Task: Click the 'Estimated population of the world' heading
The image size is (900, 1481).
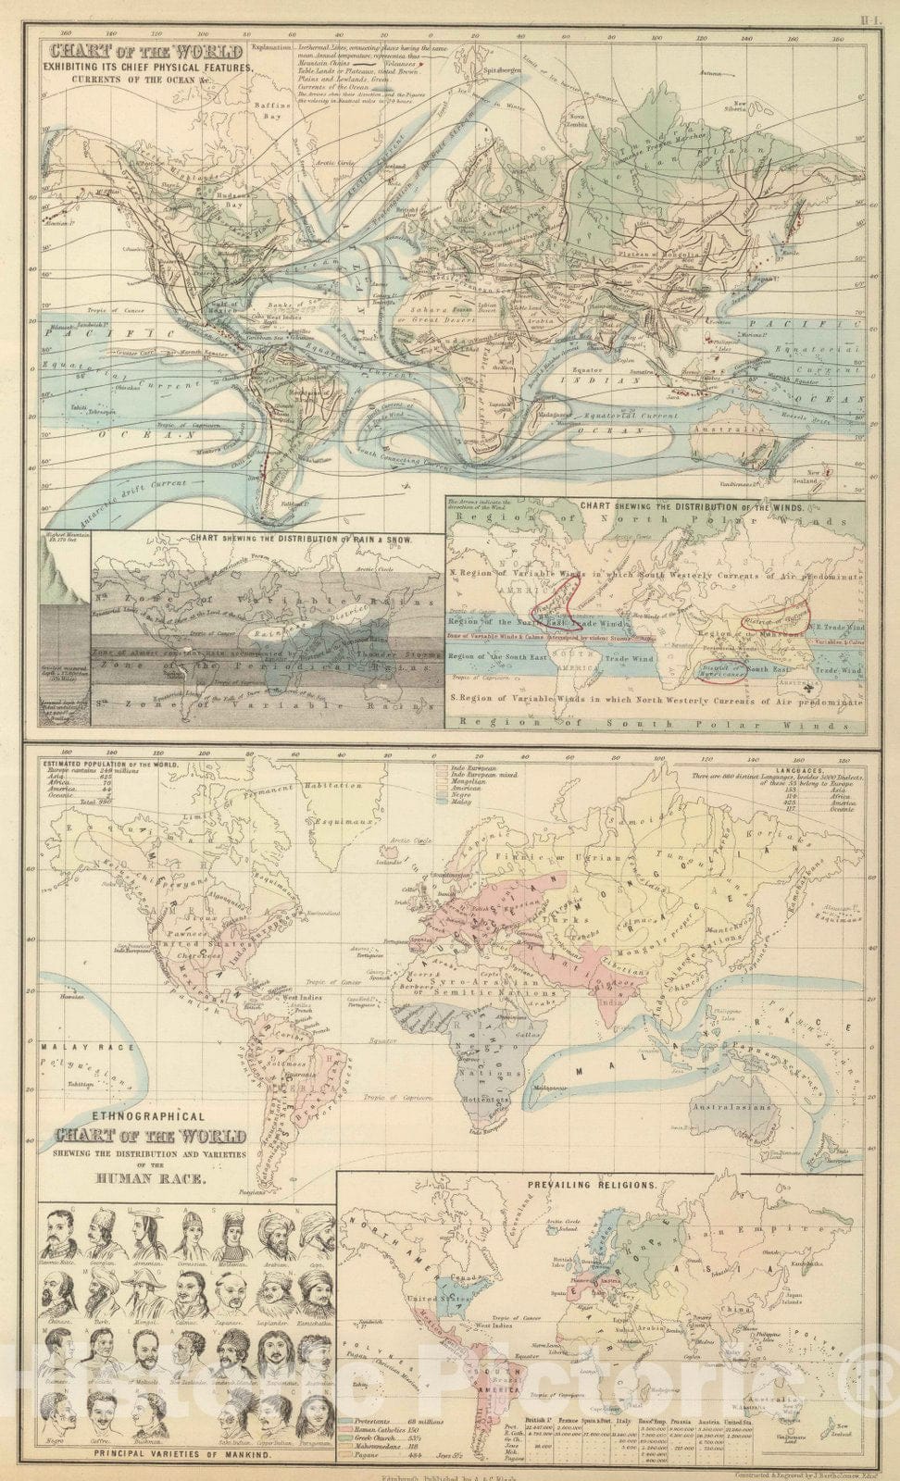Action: click(x=102, y=764)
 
